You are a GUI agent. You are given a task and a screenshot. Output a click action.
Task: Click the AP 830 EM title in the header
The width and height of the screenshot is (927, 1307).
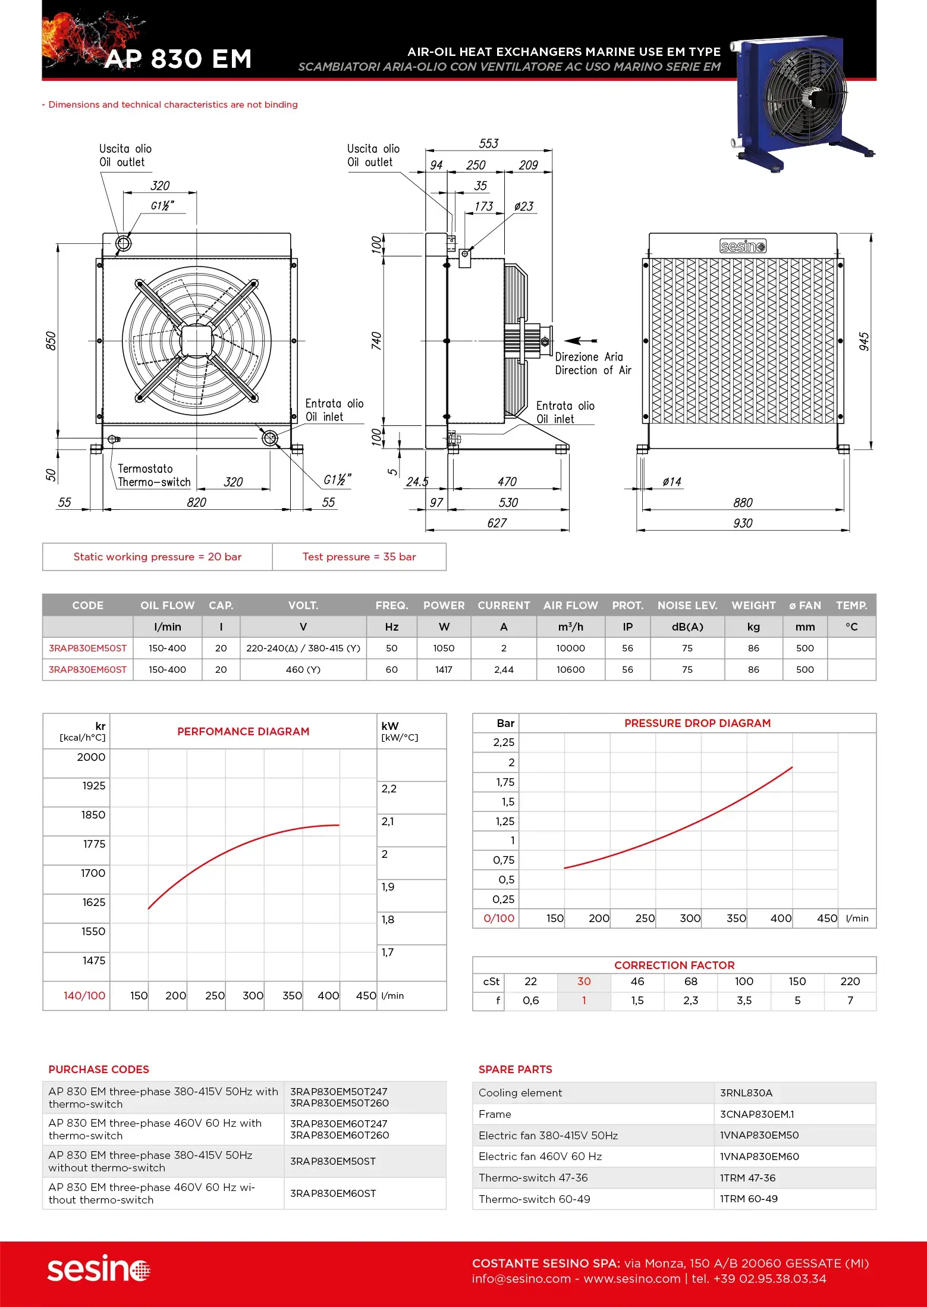pyautogui.click(x=178, y=59)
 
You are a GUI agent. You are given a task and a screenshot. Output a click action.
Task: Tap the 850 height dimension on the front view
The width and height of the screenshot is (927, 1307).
pyautogui.click(x=51, y=340)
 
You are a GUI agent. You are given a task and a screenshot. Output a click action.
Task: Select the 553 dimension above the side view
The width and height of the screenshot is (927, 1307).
pyautogui.click(x=488, y=143)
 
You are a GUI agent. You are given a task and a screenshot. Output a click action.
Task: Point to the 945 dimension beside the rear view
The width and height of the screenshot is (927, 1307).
pyautogui.click(x=864, y=341)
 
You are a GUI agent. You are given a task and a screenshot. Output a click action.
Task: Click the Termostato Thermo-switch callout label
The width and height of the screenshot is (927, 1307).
pyautogui.click(x=154, y=475)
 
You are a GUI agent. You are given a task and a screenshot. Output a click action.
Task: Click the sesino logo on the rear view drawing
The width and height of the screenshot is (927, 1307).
pyautogui.click(x=743, y=246)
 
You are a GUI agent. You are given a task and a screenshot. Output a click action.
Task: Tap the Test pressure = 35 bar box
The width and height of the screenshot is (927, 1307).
pyautogui.click(x=359, y=557)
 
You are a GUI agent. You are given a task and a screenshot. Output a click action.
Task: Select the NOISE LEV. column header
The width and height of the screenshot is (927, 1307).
pyautogui.click(x=687, y=605)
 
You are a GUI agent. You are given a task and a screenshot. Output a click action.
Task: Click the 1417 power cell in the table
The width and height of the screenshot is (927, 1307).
pyautogui.click(x=444, y=669)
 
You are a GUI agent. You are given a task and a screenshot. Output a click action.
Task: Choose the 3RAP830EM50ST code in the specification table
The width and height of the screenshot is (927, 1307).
pyautogui.click(x=87, y=648)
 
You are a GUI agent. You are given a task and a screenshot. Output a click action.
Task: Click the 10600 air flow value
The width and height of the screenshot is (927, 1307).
pyautogui.click(x=570, y=669)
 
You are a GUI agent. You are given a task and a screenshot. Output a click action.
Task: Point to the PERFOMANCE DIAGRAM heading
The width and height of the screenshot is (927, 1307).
pyautogui.click(x=243, y=731)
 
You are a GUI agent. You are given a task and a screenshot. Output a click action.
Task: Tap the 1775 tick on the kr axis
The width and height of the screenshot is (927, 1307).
pyautogui.click(x=94, y=844)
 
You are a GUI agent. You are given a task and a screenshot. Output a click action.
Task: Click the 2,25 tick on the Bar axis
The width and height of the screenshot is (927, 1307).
pyautogui.click(x=503, y=742)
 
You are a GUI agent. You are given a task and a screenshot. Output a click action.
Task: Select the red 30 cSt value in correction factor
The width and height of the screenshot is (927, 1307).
pyautogui.click(x=584, y=982)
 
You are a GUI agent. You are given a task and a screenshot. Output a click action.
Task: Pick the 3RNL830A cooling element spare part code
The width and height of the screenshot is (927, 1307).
pyautogui.click(x=746, y=1093)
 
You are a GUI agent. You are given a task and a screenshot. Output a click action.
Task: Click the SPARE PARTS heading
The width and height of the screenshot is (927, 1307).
pyautogui.click(x=515, y=1069)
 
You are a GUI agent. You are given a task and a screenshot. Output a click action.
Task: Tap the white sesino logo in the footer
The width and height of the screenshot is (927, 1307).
pyautogui.click(x=99, y=1270)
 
